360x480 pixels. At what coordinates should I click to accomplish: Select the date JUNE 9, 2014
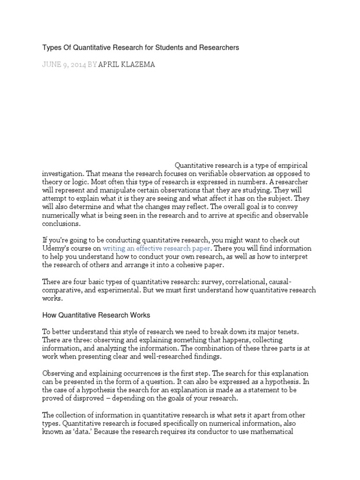point(64,65)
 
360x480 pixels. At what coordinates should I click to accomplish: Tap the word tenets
point(298,331)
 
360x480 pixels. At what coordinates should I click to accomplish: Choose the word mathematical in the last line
point(271,432)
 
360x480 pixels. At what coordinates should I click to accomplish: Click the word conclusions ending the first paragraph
point(61,224)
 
